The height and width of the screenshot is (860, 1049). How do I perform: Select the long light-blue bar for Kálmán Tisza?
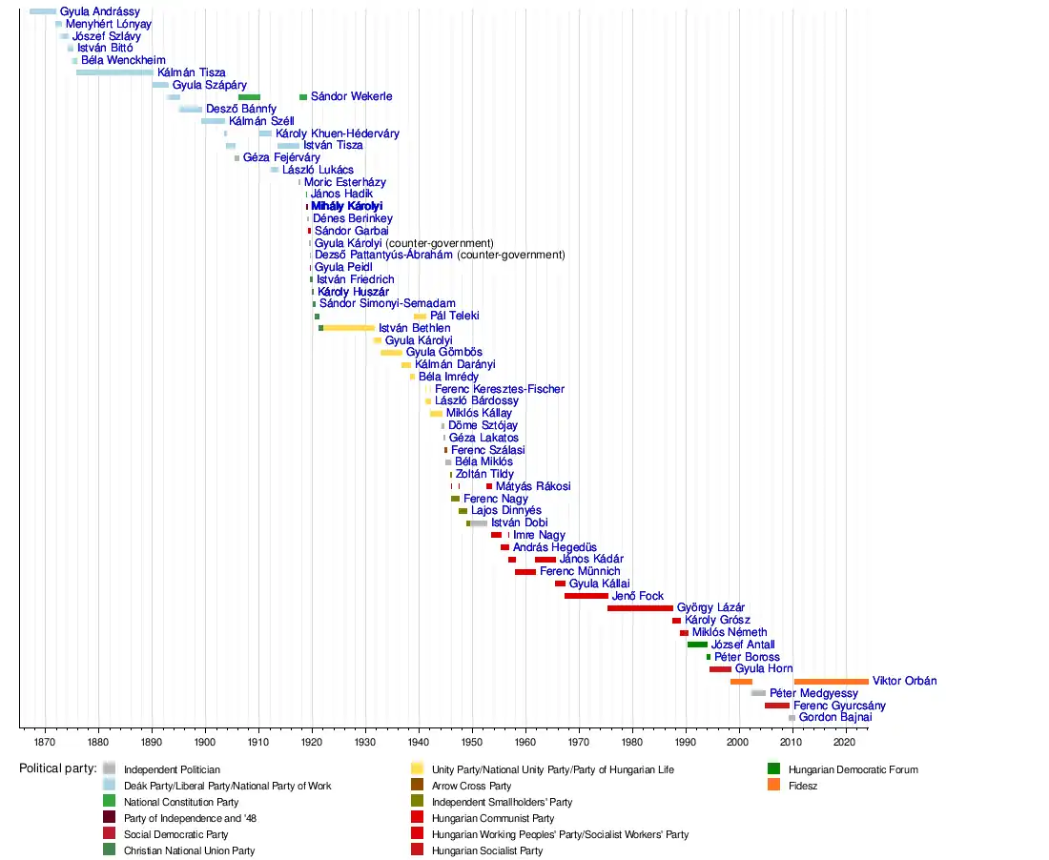[x=114, y=72]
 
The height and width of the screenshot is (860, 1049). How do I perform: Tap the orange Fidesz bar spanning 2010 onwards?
[x=831, y=682]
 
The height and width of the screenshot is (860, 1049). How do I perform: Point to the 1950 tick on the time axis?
[x=472, y=730]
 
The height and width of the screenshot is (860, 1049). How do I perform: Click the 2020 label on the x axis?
[x=845, y=742]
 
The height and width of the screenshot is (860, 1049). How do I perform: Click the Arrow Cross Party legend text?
[x=471, y=787]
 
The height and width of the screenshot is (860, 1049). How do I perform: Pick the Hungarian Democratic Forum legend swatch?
[x=773, y=769]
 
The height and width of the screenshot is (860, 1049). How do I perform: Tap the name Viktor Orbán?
[x=904, y=682]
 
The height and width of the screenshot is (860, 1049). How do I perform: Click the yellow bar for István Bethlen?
[x=349, y=328]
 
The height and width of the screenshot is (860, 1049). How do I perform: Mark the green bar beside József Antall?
[x=697, y=645]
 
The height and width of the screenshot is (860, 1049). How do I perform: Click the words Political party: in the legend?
[x=57, y=768]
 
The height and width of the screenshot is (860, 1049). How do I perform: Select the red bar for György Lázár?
[x=640, y=608]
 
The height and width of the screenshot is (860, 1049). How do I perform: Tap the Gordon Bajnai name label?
[x=834, y=718]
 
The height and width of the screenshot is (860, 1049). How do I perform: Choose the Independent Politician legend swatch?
[x=110, y=769]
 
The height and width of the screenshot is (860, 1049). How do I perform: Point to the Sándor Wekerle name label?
[x=351, y=97]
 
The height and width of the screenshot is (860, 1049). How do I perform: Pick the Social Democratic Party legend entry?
[x=176, y=834]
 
